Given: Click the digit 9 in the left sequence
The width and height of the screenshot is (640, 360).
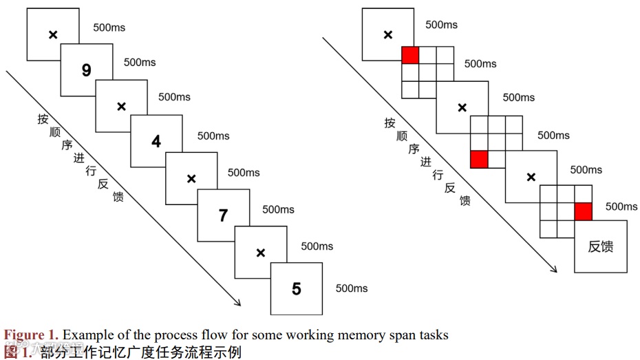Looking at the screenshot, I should pyautogui.click(x=86, y=70).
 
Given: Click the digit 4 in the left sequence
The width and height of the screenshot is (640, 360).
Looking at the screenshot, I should pyautogui.click(x=156, y=142).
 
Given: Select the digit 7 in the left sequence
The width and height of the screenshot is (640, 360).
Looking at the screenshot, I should pyautogui.click(x=223, y=216).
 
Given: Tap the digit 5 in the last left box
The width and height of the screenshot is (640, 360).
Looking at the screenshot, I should pyautogui.click(x=297, y=289).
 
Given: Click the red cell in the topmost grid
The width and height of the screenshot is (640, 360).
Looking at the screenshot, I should pyautogui.click(x=410, y=55).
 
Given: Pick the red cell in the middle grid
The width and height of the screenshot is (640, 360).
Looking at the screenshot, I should pyautogui.click(x=479, y=159).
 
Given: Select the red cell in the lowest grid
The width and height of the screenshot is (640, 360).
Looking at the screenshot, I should pyautogui.click(x=584, y=211).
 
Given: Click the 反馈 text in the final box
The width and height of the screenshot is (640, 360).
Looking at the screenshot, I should pyautogui.click(x=601, y=246).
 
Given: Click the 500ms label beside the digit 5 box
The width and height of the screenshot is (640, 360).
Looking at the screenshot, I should pyautogui.click(x=352, y=288).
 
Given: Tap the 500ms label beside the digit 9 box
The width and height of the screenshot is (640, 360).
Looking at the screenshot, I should pyautogui.click(x=140, y=63).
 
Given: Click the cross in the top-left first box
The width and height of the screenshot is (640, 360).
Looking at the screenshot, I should pyautogui.click(x=52, y=34).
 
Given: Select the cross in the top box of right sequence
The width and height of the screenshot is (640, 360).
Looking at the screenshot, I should pyautogui.click(x=387, y=34).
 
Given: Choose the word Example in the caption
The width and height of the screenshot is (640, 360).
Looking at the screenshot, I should pyautogui.click(x=85, y=335).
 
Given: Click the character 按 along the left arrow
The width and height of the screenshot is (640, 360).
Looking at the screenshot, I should pyautogui.click(x=43, y=118).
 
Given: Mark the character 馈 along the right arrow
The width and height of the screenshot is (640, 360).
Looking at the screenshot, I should pyautogui.click(x=465, y=200).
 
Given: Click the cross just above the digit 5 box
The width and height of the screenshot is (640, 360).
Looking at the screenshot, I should pyautogui.click(x=260, y=253).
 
